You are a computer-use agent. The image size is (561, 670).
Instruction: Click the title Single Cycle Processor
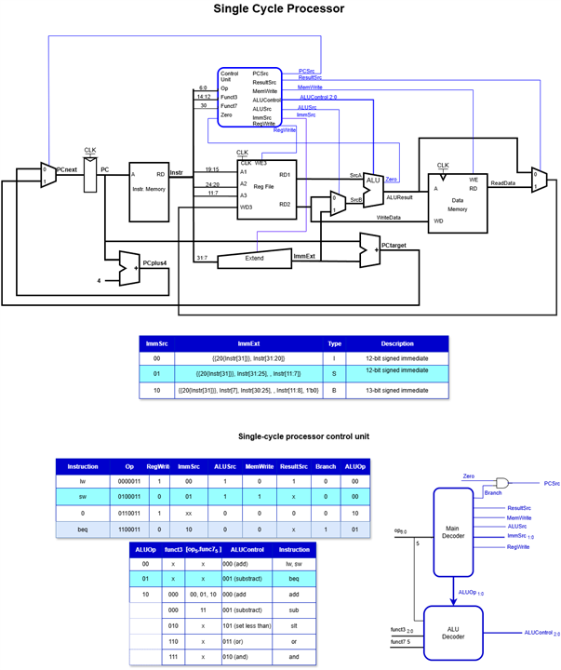(279, 9)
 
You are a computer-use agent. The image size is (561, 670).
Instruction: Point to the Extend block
(253, 258)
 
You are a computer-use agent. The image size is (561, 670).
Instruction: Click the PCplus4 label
(154, 263)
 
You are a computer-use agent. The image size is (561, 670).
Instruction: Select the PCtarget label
(395, 244)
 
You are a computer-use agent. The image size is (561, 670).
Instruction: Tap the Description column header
(396, 343)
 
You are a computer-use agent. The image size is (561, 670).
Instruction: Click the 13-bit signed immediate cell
(396, 392)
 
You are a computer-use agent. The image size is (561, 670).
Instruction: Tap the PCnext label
(67, 170)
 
